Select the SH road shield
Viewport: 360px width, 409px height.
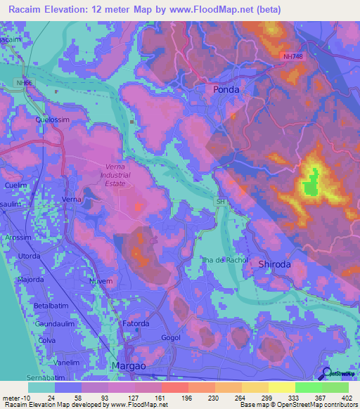point(220,202)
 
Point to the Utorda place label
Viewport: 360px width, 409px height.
point(30,257)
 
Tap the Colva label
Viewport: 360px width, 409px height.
point(48,340)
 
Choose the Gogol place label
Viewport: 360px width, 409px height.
point(171,338)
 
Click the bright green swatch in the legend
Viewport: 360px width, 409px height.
point(308,387)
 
